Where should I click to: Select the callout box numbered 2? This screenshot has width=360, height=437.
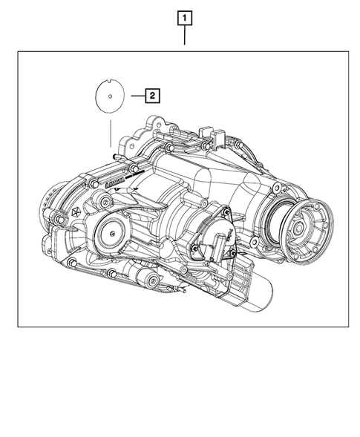151,95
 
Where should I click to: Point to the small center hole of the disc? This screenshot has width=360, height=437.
109,95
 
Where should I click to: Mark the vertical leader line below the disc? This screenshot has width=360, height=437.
109,134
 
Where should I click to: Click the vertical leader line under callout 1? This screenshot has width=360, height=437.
184,37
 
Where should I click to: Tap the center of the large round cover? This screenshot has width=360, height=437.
110,234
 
